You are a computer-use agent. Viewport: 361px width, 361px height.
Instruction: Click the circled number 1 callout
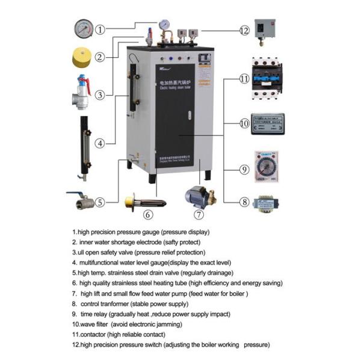(100, 29)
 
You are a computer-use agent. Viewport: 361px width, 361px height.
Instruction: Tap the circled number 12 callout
(244, 30)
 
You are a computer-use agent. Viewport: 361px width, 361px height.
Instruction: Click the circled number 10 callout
(244, 123)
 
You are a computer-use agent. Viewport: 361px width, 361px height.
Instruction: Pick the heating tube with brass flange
(140, 200)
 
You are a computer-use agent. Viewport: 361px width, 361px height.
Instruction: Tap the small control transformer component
(267, 205)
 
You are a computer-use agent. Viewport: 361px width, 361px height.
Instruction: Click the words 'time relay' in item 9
(94, 313)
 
